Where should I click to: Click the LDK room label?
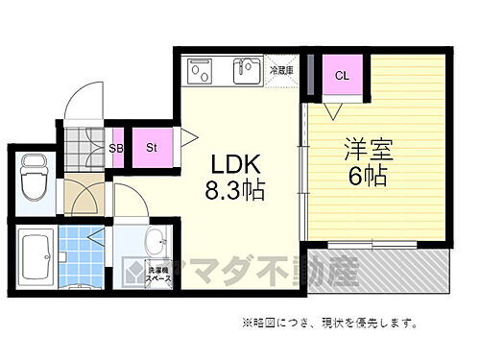227,161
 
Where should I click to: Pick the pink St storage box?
152,147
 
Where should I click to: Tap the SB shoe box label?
116,148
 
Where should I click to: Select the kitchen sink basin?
247,71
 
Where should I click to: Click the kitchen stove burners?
201,72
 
